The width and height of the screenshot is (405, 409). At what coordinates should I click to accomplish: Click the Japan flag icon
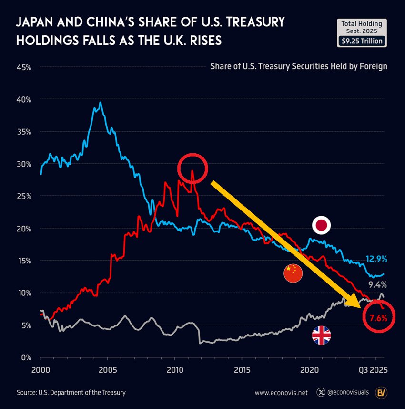(321, 225)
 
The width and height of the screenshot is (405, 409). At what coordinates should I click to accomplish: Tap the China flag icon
(293, 273)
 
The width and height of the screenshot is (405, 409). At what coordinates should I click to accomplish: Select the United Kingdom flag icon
(321, 336)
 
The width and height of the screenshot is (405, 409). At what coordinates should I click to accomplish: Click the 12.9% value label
(376, 259)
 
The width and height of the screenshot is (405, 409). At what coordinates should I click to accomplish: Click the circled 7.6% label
(379, 317)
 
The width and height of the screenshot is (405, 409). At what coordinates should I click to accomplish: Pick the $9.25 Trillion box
(362, 41)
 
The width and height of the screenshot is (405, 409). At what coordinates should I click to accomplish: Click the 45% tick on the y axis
(23, 67)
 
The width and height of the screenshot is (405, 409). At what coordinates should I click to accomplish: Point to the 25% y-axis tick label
(23, 196)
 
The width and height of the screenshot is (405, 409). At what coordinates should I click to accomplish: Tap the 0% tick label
(26, 357)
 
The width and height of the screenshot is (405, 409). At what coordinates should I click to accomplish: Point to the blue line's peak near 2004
(100, 102)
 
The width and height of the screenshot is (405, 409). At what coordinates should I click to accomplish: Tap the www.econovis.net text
(281, 393)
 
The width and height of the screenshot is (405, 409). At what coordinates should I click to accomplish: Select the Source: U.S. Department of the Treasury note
(71, 393)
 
